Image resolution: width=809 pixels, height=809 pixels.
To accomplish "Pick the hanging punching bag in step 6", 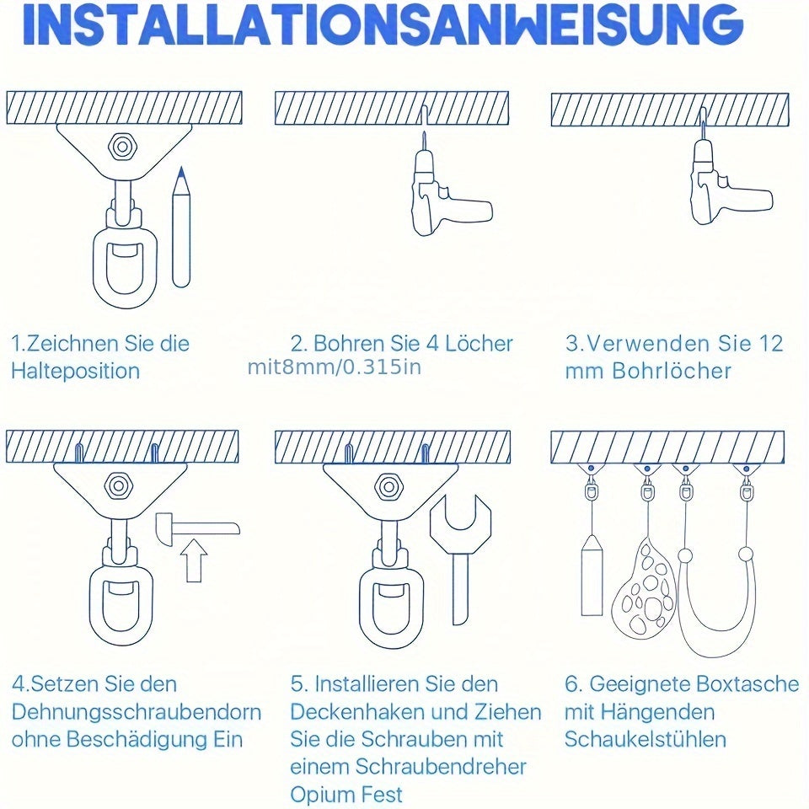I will [x=592, y=575].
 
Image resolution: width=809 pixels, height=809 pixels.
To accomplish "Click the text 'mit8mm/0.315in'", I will [x=335, y=367].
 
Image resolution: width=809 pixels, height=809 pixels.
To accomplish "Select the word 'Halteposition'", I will [x=75, y=371].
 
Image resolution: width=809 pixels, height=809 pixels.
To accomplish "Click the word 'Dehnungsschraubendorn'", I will [x=137, y=712].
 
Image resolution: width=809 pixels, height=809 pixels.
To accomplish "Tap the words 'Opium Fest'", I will [x=346, y=794].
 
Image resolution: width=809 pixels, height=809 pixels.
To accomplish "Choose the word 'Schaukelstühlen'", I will [x=646, y=740].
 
